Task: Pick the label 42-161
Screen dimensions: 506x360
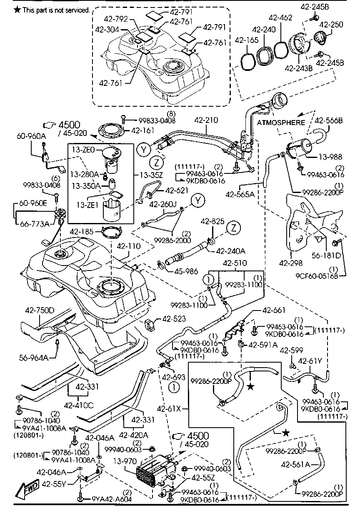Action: [142, 130]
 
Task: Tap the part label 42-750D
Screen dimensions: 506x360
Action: [40, 311]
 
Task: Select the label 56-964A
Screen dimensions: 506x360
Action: [34, 357]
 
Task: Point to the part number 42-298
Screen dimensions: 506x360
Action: [290, 263]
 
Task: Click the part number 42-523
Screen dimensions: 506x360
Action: [173, 318]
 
